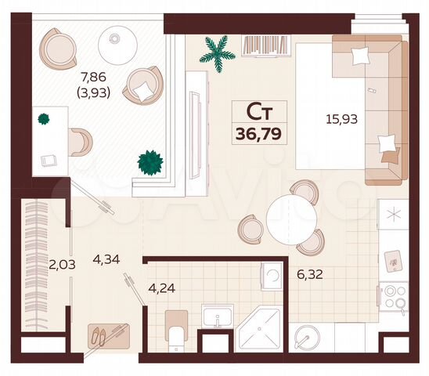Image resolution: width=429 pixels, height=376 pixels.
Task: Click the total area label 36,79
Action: point(258,133)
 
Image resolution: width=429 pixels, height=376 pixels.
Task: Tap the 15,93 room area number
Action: point(341,120)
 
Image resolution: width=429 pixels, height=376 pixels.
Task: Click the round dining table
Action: point(290,219)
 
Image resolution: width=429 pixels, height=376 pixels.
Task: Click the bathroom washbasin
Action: point(217,317)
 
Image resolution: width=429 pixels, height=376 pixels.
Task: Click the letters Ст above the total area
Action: point(258,112)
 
